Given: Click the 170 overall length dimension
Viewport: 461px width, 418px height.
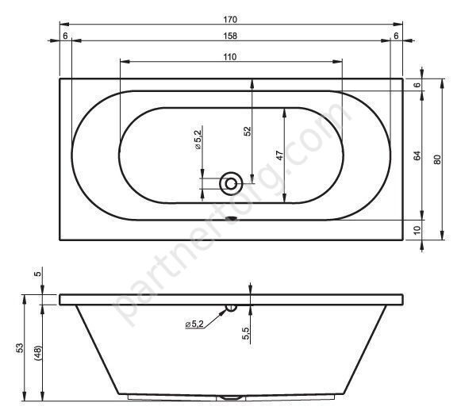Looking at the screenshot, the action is pos(230,19).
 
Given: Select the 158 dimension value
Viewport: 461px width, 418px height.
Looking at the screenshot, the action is pos(230,36).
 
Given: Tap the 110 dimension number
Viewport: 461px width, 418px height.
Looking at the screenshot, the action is pos(230,57).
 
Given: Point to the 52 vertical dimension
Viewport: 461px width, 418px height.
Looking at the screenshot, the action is pos(248,131).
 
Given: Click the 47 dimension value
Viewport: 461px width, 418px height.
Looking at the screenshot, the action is pos(280,155).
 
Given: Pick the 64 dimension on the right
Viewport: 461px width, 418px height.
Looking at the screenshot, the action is pos(417,155).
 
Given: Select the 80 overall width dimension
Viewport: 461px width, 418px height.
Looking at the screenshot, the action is pos(437,159).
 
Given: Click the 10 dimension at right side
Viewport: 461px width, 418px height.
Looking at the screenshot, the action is pos(417,230).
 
